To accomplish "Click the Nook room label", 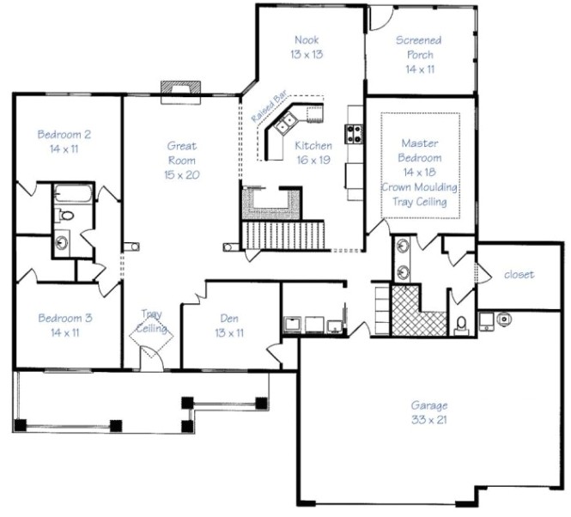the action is [307, 47].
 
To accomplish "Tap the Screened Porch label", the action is [419, 55].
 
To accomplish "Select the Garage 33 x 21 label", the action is [429, 412].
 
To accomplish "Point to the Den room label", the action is [229, 325].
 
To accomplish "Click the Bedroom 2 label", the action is [64, 142].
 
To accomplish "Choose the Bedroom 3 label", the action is [65, 325].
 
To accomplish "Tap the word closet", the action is [519, 274].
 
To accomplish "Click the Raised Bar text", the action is [270, 106].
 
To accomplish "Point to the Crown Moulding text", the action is [420, 187].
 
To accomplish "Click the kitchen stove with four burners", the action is [354, 134].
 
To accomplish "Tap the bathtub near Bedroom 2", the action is [74, 193].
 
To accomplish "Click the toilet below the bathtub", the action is [64, 215].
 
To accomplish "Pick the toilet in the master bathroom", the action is [461, 325].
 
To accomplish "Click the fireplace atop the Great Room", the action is [180, 93].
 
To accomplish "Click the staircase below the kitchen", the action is [283, 234].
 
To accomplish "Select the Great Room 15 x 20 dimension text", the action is [182, 175].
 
